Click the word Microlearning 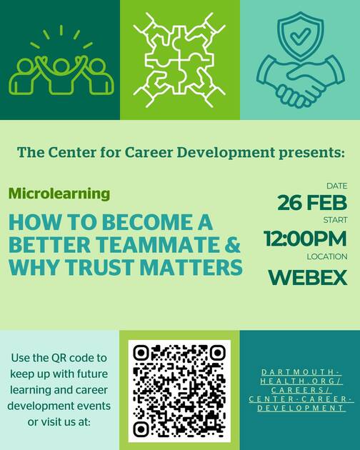59,194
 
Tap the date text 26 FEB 312,203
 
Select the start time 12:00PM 305,239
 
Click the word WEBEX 307,276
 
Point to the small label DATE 336,186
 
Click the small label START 335,220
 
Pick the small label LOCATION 326,256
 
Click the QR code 179,390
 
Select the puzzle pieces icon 179,60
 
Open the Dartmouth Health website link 300,390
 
